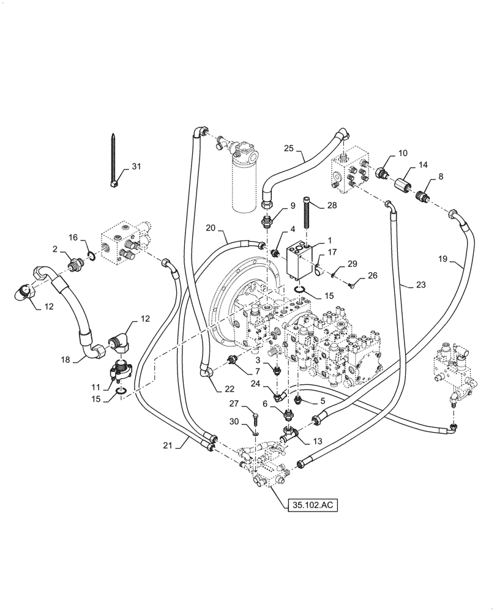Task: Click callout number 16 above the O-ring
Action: (73, 237)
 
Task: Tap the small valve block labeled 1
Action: (298, 260)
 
